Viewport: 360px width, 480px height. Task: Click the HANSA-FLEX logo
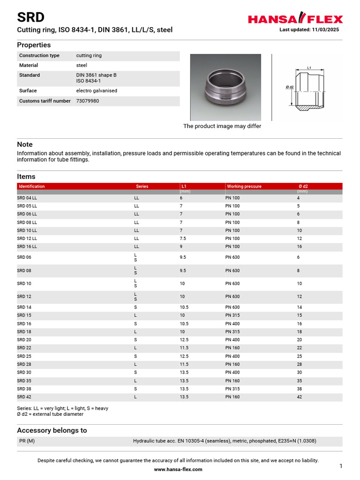[295, 19]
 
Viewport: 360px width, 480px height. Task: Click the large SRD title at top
[31, 17]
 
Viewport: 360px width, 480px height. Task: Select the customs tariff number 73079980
[88, 101]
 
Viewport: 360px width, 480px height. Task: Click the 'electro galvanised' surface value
[97, 90]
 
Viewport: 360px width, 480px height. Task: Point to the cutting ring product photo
[225, 87]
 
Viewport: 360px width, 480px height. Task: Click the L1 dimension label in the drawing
[309, 68]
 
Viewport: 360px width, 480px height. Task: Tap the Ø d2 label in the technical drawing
[289, 87]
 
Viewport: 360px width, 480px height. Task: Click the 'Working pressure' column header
[244, 186]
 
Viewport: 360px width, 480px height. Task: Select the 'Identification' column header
[31, 186]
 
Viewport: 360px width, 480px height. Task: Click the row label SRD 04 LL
[27, 198]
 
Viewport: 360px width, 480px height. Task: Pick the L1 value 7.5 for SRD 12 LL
[183, 239]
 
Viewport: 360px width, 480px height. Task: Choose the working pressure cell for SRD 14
[232, 307]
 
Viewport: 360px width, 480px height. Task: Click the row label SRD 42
[24, 397]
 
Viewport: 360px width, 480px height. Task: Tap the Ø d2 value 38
[300, 389]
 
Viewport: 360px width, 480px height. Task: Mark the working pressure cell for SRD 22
[232, 348]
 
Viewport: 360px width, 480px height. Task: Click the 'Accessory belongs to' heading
[52, 430]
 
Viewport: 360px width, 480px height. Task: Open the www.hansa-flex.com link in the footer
[178, 469]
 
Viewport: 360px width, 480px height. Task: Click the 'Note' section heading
[24, 144]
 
